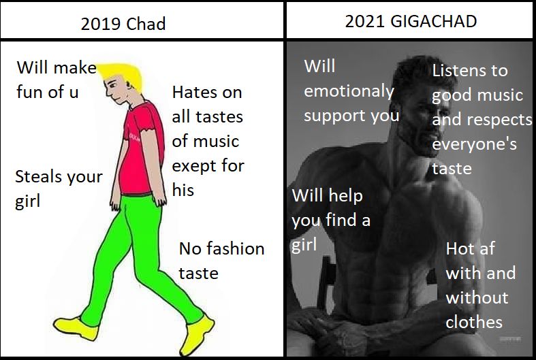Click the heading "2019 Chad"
123,24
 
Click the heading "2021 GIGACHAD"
411,21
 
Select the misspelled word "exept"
195,165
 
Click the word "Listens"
460,70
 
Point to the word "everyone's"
474,144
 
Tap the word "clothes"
474,322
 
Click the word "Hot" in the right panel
460,249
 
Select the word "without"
477,297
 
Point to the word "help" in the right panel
346,196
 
